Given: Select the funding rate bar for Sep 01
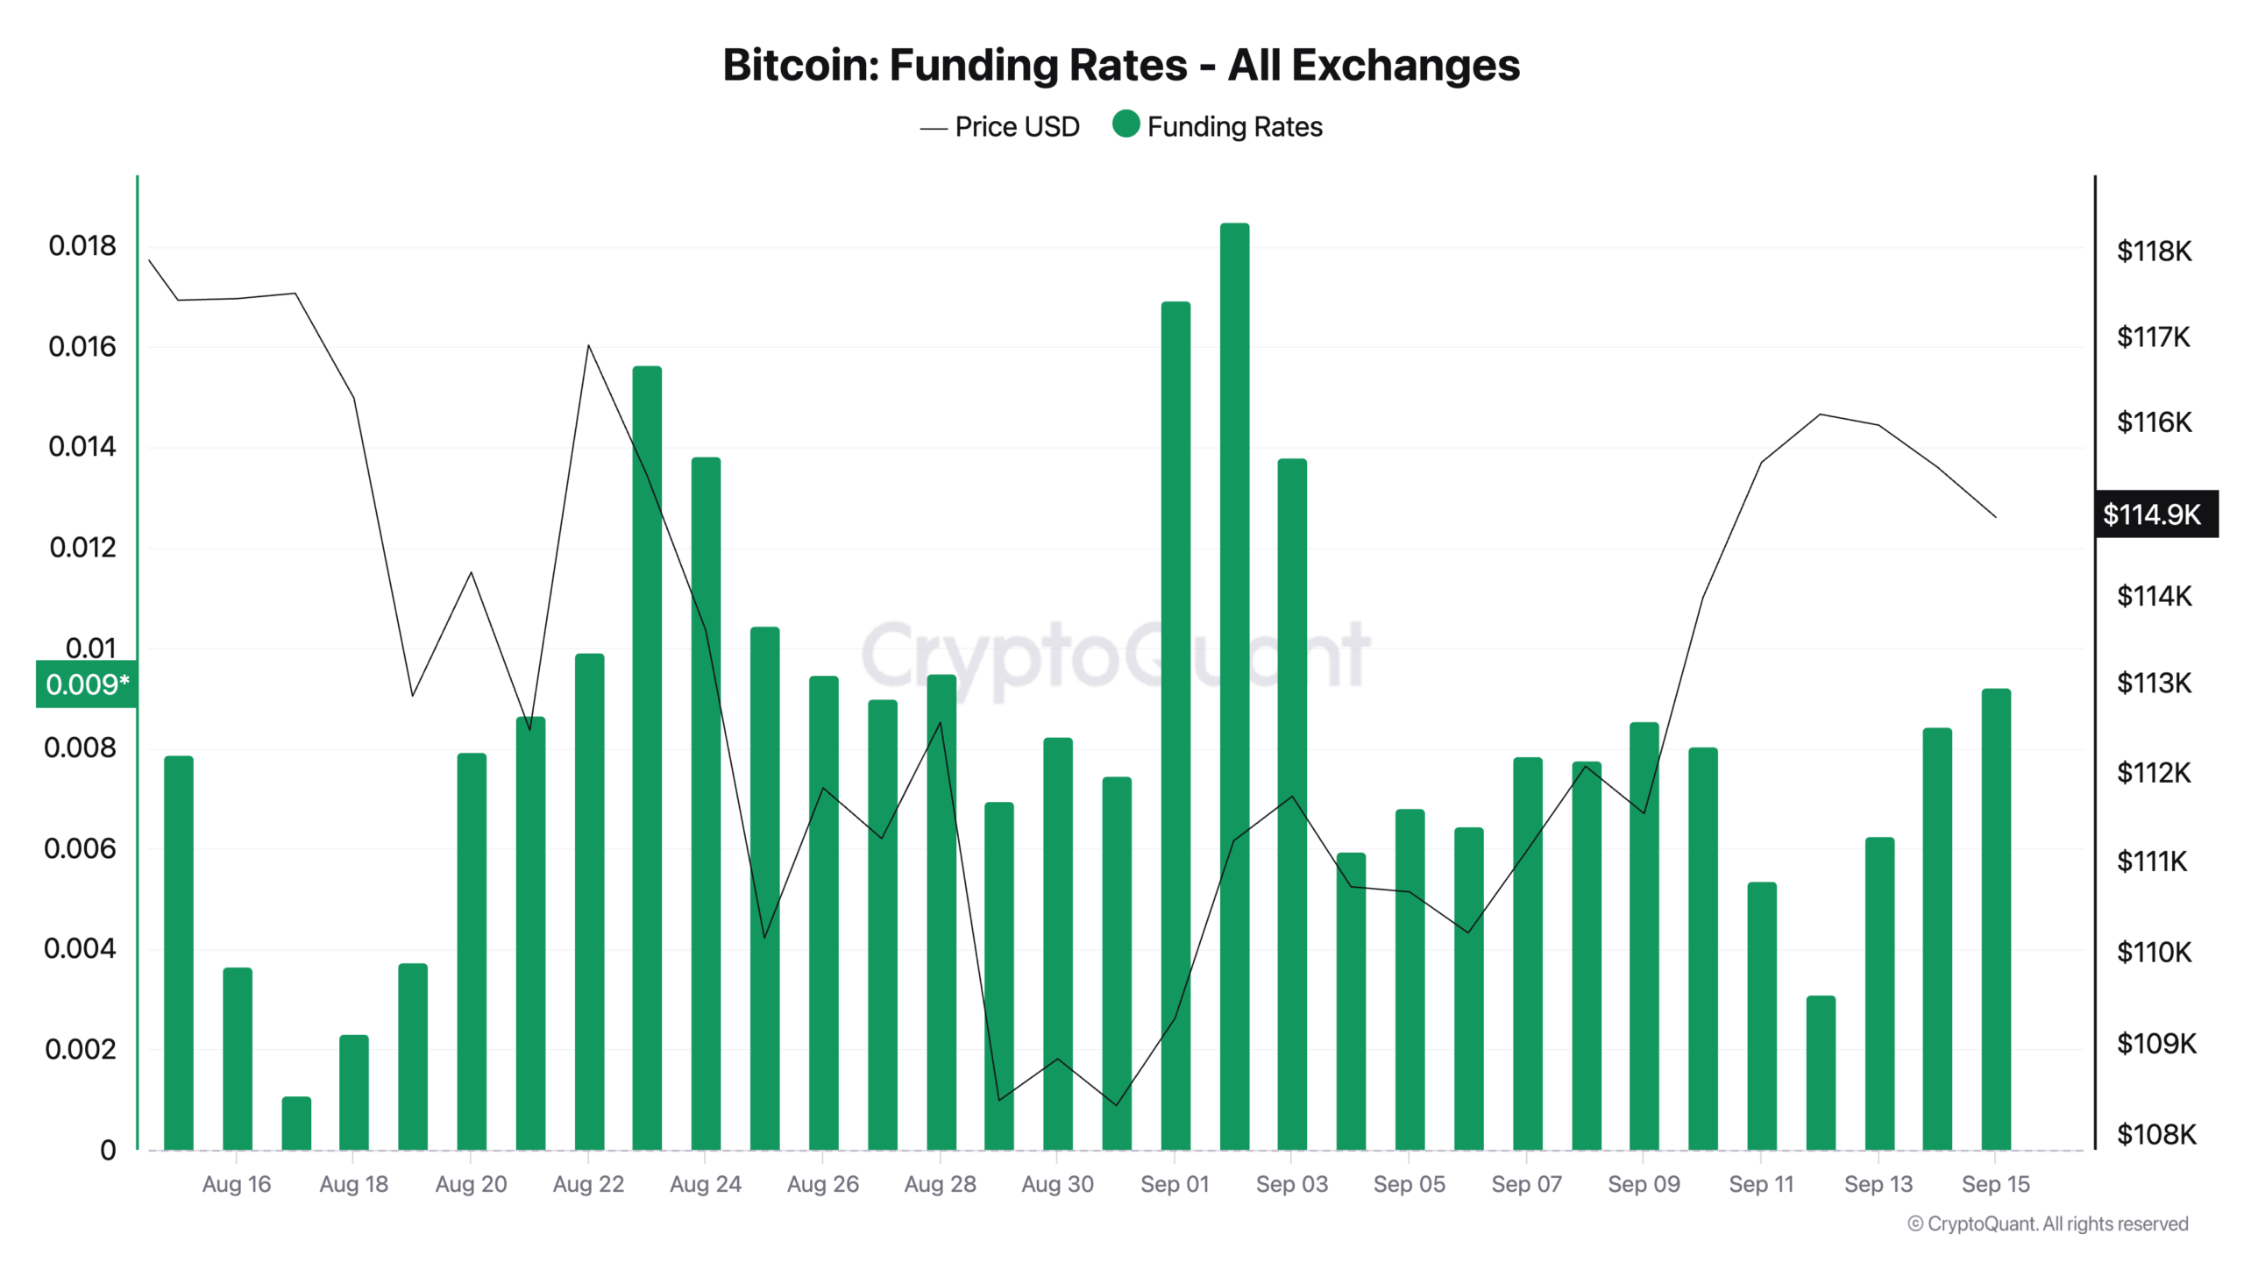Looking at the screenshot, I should pos(1175,727).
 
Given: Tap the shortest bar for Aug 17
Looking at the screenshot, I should pos(296,1124).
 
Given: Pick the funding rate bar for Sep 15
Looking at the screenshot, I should pos(1996,920).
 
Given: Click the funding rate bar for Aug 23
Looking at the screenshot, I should pos(647,758).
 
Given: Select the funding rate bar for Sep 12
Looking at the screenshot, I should pos(1821,1073).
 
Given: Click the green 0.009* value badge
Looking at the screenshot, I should pos(86,684).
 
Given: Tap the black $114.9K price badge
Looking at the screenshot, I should pos(2155,514).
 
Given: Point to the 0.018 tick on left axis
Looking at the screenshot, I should pos(82,246).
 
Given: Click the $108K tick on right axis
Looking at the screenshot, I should pos(2155,1135).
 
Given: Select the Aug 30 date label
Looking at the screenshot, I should pos(1057,1184).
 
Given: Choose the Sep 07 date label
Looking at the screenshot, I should pos(1526,1184).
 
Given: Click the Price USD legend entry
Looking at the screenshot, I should pos(999,127).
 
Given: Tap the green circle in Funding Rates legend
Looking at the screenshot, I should pos(1126,124).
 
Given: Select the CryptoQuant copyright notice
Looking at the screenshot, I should pos(2048,1223).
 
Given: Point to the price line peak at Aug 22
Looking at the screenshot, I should pos(588,346).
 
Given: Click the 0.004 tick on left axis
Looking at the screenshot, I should pos(80,948).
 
